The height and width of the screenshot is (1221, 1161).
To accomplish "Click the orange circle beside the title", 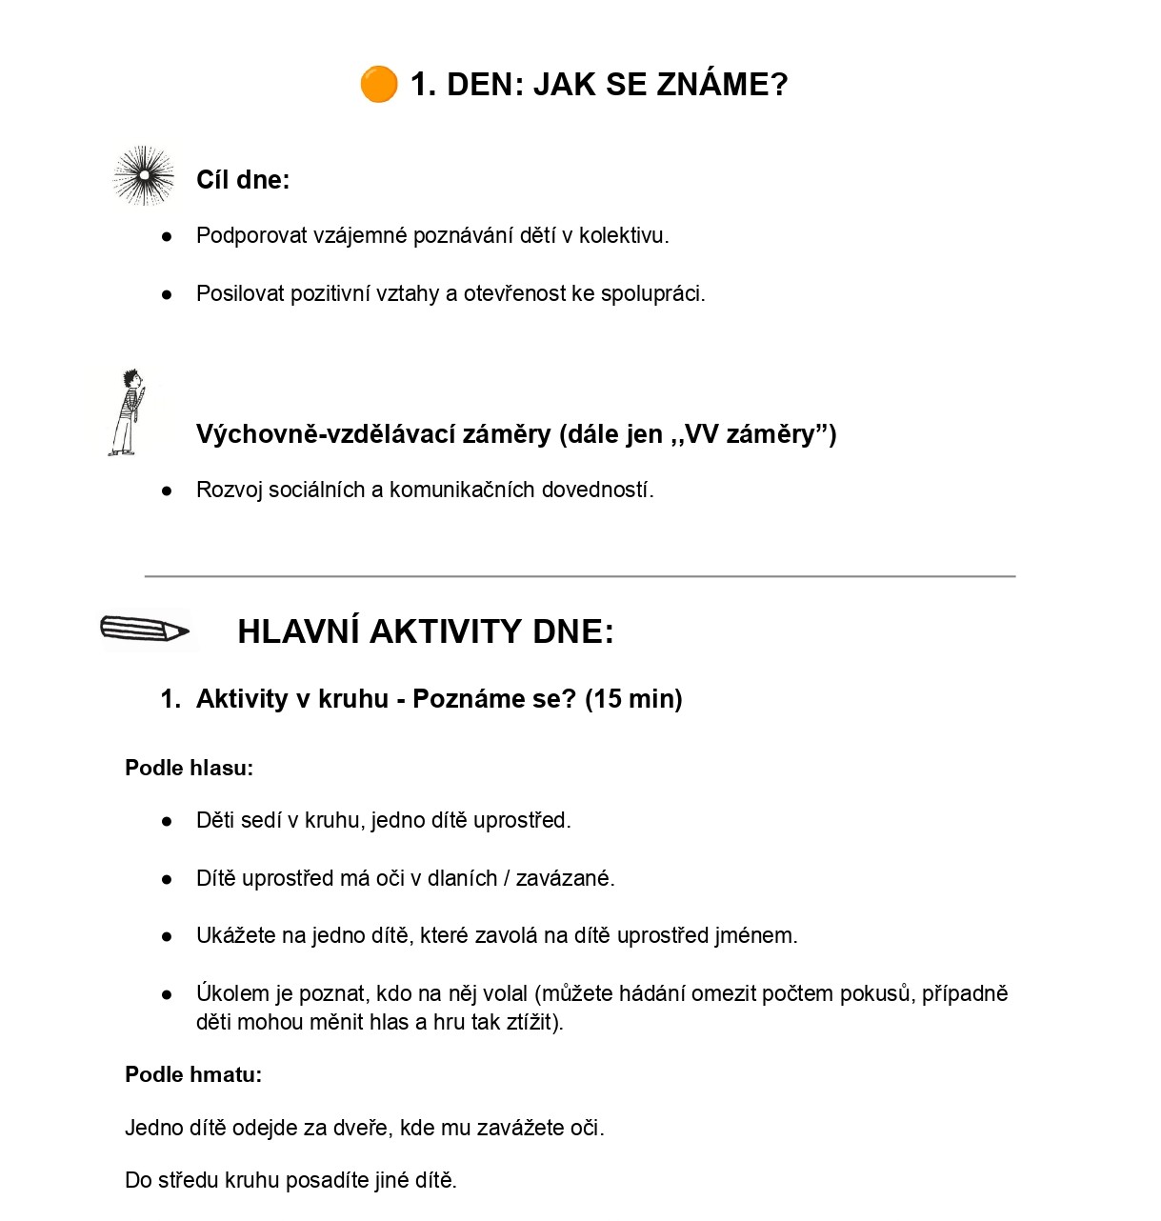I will pyautogui.click(x=378, y=85).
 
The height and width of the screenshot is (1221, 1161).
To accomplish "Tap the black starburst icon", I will pyautogui.click(x=144, y=176).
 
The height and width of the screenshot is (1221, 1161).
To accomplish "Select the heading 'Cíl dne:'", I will pyautogui.click(x=243, y=180).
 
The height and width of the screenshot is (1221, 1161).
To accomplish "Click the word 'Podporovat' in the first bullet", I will pyautogui.click(x=251, y=236).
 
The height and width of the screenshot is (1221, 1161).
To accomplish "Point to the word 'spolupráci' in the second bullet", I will pyautogui.click(x=656, y=294).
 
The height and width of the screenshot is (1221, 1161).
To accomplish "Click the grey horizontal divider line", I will pyautogui.click(x=579, y=576).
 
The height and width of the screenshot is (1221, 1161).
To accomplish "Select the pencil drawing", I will pyautogui.click(x=145, y=630).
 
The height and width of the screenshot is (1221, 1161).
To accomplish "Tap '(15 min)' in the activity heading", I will pyautogui.click(x=633, y=699).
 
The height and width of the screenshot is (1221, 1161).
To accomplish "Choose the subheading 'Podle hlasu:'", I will pyautogui.click(x=189, y=769).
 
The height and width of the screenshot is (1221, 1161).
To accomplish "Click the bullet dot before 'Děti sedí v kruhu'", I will pyautogui.click(x=168, y=821).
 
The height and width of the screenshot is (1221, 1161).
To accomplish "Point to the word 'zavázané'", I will pyautogui.click(x=565, y=879).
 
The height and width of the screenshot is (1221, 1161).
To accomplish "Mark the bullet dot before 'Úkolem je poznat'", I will pyautogui.click(x=168, y=994).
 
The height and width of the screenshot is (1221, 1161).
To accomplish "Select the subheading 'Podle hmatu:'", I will pyautogui.click(x=193, y=1075).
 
